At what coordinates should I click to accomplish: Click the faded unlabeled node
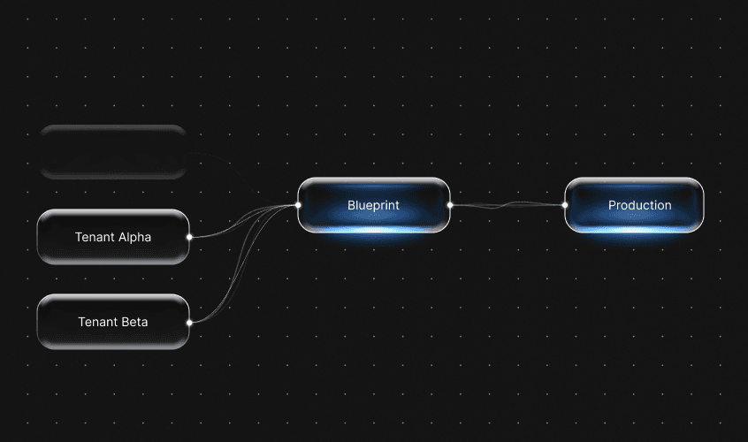[113, 151]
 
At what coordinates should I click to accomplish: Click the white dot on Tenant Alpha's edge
[189, 237]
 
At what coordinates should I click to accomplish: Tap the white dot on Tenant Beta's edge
[189, 322]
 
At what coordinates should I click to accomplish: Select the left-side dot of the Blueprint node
[298, 205]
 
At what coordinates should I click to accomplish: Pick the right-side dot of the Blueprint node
[450, 205]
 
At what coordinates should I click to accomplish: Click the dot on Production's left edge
[565, 205]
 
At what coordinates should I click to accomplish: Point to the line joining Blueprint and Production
[508, 206]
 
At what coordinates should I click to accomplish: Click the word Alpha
[134, 237]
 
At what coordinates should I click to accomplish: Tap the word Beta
[135, 322]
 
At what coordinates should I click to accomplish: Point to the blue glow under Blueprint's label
[373, 228]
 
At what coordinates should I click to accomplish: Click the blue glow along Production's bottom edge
[634, 229]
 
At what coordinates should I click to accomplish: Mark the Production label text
[639, 205]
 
